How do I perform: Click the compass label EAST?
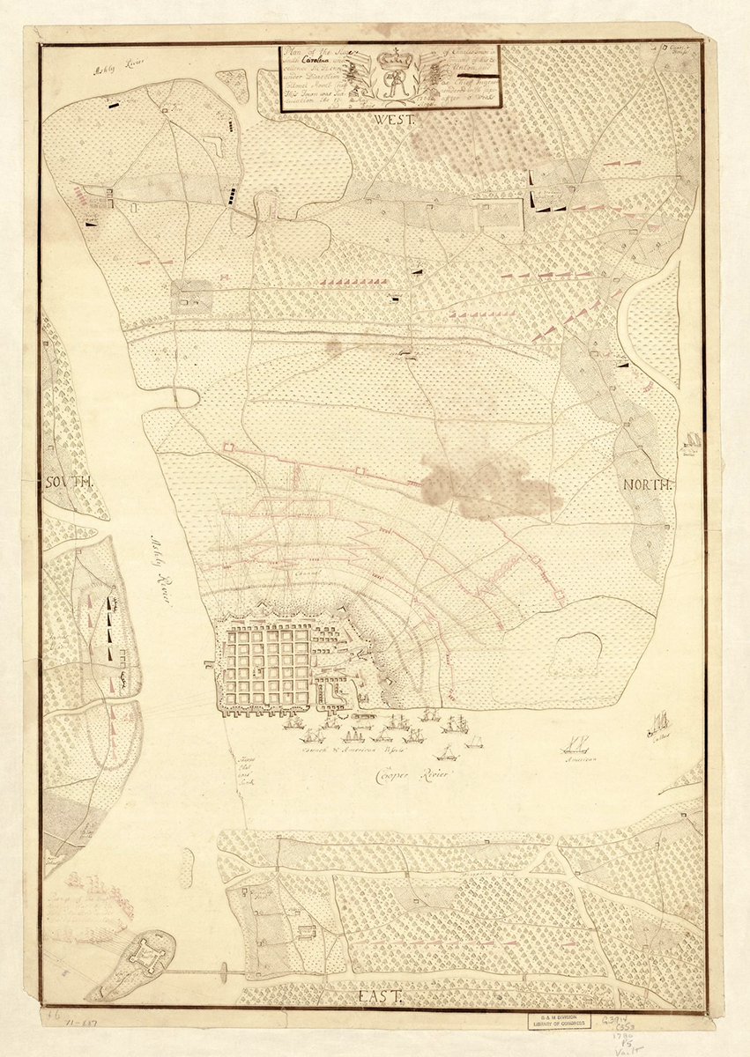pos(380,995)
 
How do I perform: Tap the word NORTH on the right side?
pos(647,484)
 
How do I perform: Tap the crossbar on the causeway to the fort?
pos(225,972)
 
